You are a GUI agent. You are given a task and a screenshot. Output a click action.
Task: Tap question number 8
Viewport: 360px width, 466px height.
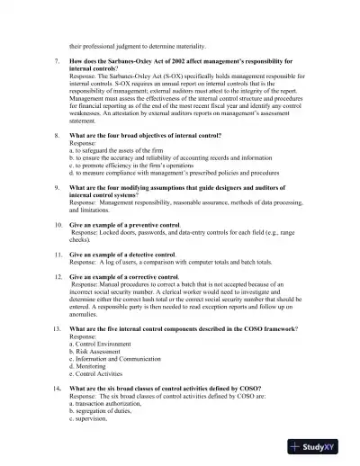pos(58,134)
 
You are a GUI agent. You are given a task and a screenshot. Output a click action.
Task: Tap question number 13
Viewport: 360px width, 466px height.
pos(58,331)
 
